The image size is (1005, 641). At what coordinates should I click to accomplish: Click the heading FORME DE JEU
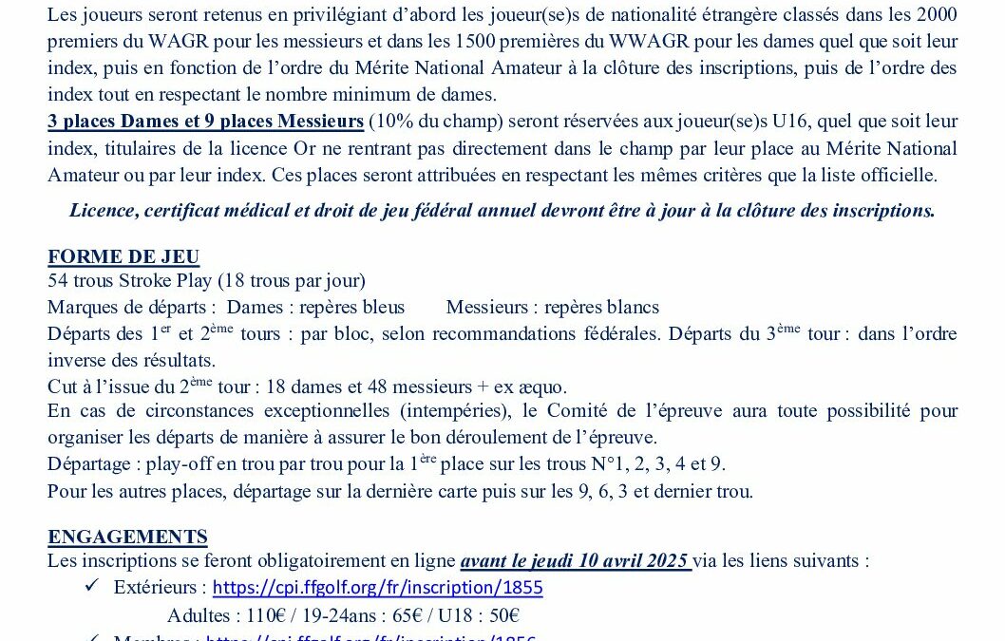(123, 257)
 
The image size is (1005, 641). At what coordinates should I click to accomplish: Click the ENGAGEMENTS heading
(127, 537)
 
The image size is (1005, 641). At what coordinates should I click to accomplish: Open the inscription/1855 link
(377, 587)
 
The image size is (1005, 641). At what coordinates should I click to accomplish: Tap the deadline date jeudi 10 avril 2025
(576, 560)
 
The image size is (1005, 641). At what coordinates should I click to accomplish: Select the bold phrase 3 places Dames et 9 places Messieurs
(206, 121)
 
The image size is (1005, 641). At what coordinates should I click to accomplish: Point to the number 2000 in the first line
(934, 14)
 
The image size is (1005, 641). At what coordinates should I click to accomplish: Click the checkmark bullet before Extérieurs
(92, 586)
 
